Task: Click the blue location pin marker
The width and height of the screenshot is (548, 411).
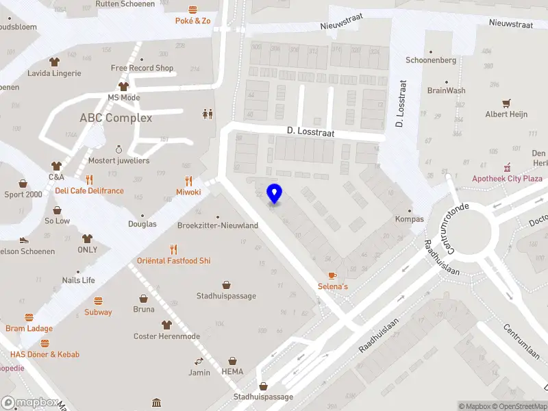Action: [x=274, y=194]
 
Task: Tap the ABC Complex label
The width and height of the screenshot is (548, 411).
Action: [x=116, y=118]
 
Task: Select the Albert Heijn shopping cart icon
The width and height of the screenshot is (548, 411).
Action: [x=506, y=103]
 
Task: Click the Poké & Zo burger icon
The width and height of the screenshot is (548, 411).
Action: [x=192, y=10]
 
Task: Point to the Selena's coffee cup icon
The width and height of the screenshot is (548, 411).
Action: [x=332, y=275]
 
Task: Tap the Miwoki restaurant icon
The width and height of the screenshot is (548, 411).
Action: [x=188, y=182]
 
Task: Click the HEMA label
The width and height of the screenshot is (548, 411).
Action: [x=232, y=372]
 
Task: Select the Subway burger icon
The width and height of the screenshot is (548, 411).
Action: [x=98, y=301]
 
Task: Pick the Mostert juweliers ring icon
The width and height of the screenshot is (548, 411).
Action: [x=119, y=149]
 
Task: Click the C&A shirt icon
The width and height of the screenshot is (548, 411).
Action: [x=56, y=166]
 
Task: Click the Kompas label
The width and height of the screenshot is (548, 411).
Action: [x=409, y=219]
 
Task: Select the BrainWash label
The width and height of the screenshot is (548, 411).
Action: [x=446, y=90]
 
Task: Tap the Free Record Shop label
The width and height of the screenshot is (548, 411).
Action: [x=142, y=68]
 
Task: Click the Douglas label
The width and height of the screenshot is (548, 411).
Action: [x=142, y=224]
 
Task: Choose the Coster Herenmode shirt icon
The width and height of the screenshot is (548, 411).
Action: [x=166, y=325]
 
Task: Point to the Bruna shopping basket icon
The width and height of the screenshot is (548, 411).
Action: [x=144, y=299]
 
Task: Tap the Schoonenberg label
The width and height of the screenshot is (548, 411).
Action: [x=431, y=60]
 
